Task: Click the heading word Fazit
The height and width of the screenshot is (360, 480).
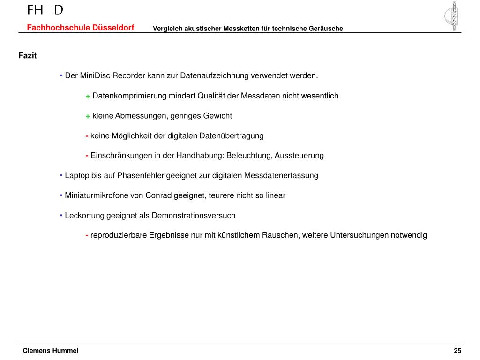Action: [x=27, y=56]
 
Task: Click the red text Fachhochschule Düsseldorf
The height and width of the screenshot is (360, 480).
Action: [x=80, y=28]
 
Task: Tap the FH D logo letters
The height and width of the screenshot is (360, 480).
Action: [x=45, y=10]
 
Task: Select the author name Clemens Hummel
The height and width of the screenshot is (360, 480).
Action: [x=51, y=351]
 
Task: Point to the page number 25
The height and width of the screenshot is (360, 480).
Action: [x=457, y=351]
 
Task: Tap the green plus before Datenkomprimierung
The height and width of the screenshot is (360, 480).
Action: [x=88, y=96]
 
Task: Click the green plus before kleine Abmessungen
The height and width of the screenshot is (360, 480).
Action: [x=88, y=116]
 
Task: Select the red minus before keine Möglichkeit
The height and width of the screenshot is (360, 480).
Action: [x=87, y=135]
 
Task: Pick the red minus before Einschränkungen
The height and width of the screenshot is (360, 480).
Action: [x=87, y=155]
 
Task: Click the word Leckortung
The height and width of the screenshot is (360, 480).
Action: [x=84, y=216]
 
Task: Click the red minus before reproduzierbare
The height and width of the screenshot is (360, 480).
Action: [x=87, y=235]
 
